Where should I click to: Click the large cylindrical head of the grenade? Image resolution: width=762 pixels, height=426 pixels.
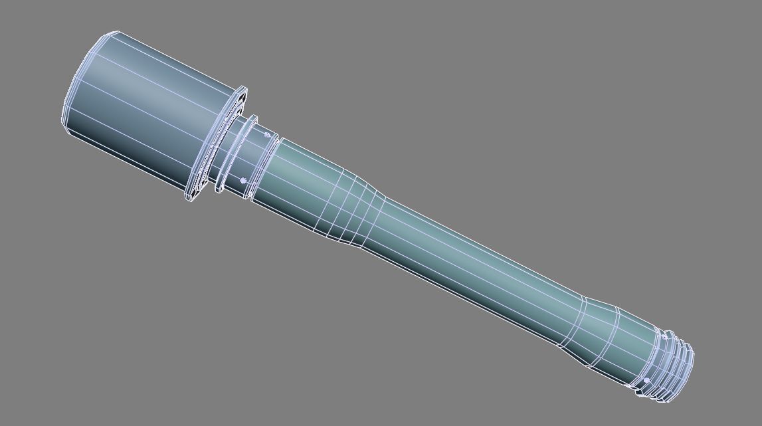[x=146, y=113]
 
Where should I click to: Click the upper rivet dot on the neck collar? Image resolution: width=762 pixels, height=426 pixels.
[x=268, y=136]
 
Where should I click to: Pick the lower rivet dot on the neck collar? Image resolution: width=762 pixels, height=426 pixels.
[x=243, y=181]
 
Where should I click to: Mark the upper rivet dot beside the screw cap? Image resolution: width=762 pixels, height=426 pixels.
[x=664, y=337]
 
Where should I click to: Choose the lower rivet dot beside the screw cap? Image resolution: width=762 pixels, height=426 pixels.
[x=646, y=380]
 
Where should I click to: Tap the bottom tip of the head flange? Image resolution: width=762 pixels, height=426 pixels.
[x=191, y=199]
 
